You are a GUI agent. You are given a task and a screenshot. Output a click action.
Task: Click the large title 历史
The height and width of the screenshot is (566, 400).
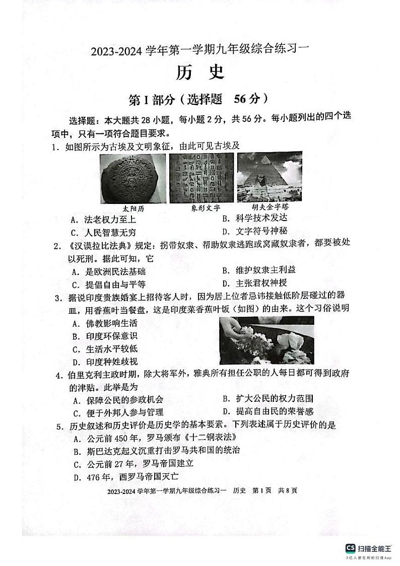(199, 74)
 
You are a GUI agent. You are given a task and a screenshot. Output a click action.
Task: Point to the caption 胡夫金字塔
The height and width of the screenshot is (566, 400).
(270, 207)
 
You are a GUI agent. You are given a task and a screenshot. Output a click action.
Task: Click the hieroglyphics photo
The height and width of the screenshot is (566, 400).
(202, 178)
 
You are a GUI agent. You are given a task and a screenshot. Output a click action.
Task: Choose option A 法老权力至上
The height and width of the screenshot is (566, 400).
(103, 220)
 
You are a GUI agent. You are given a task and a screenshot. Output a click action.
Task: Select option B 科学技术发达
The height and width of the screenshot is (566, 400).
(254, 219)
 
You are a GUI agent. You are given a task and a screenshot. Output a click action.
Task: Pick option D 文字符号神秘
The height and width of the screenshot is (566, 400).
(254, 232)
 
